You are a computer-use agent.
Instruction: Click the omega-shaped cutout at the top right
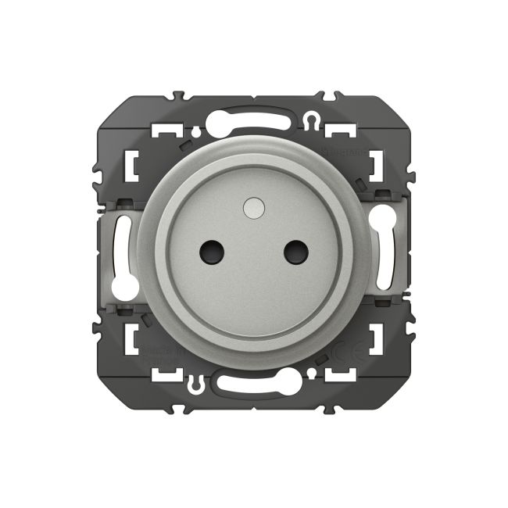tap(312, 120)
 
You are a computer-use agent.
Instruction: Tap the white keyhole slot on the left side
tap(121, 254)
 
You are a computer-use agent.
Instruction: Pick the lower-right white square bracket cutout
tap(376, 341)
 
